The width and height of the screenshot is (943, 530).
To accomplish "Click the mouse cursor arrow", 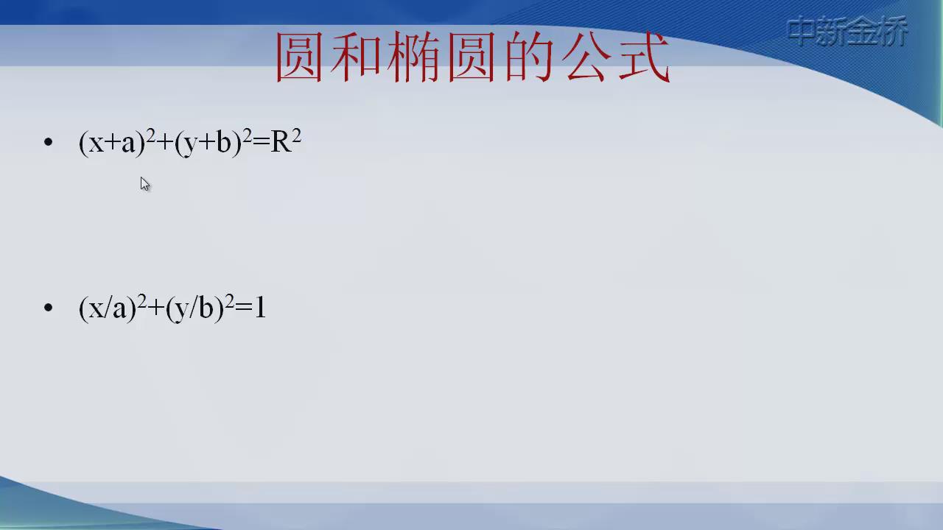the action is tap(145, 184).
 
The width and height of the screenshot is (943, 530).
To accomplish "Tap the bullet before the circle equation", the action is tap(49, 142).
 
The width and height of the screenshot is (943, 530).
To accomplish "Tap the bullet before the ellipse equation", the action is tap(49, 308).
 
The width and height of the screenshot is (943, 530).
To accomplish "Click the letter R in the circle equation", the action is tap(281, 142).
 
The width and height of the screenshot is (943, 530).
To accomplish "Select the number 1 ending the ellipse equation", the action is tap(260, 307).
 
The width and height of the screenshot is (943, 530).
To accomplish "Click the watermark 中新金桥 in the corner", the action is tap(847, 31).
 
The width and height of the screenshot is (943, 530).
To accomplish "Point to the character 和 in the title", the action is tap(356, 57).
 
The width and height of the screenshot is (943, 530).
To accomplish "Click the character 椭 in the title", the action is tap(413, 57).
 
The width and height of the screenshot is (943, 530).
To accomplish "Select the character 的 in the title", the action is tap(529, 57).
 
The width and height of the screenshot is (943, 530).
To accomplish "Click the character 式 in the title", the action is tap(644, 57).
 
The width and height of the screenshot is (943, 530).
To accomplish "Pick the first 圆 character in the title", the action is tap(299, 57).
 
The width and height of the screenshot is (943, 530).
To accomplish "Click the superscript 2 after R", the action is tap(296, 136).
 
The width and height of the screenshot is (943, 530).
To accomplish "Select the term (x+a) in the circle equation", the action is tap(112, 143).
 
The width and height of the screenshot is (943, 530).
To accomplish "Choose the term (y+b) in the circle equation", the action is tap(208, 143).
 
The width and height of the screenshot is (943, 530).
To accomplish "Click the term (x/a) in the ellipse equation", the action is tap(108, 308).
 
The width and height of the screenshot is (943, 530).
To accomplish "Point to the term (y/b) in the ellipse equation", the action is tap(195, 308).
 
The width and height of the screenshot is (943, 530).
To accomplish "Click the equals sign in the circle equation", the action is tap(262, 142).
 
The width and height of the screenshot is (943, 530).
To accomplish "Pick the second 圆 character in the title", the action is tap(471, 57).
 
